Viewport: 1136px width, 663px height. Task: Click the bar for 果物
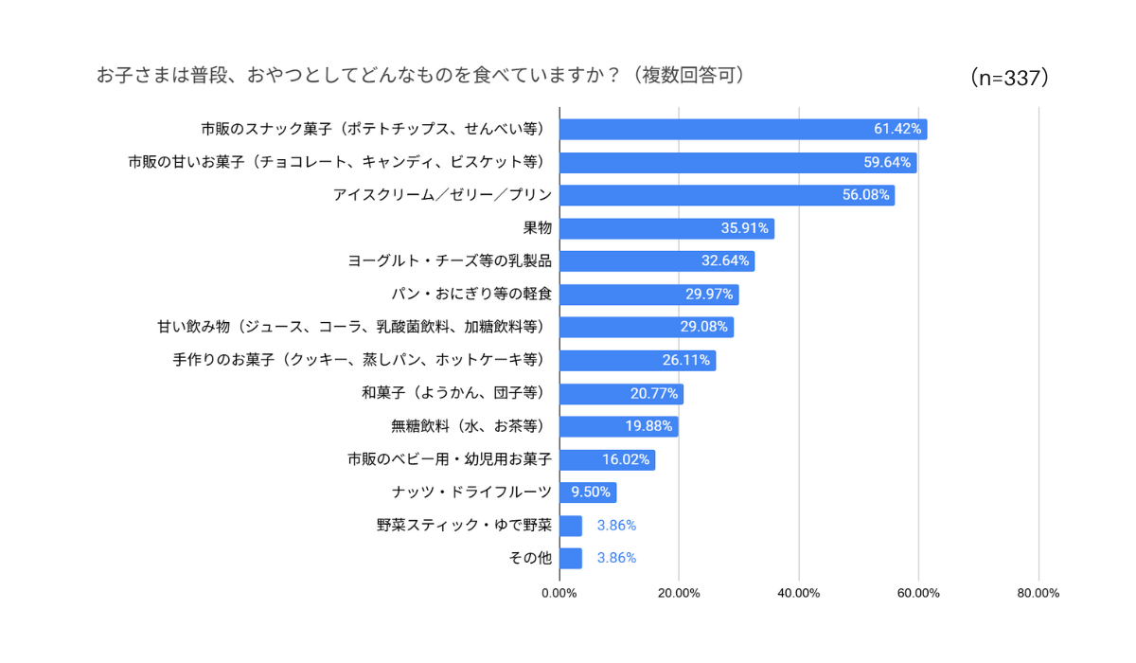pos(666,228)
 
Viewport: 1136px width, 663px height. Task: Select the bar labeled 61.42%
pos(743,129)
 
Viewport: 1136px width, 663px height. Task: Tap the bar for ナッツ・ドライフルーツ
pos(588,493)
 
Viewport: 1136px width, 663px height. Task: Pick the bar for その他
pos(571,558)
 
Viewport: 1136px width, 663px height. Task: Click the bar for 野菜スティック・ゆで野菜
pos(571,526)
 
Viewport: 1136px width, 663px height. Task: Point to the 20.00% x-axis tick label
pos(679,594)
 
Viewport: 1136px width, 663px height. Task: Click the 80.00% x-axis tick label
pos(1038,594)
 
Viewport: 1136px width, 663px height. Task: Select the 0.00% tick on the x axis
pos(559,594)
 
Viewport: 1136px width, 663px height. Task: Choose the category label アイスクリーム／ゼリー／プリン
pos(442,195)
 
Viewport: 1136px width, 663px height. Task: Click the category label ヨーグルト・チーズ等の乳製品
pos(450,260)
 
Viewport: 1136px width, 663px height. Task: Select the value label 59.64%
pos(887,162)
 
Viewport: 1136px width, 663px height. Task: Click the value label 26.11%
pos(685,360)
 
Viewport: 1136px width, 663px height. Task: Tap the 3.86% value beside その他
pos(616,558)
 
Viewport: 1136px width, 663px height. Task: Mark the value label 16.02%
pos(625,459)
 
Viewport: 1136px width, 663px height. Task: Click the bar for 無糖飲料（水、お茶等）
pos(618,426)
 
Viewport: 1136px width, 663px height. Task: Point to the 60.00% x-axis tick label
pos(918,594)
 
